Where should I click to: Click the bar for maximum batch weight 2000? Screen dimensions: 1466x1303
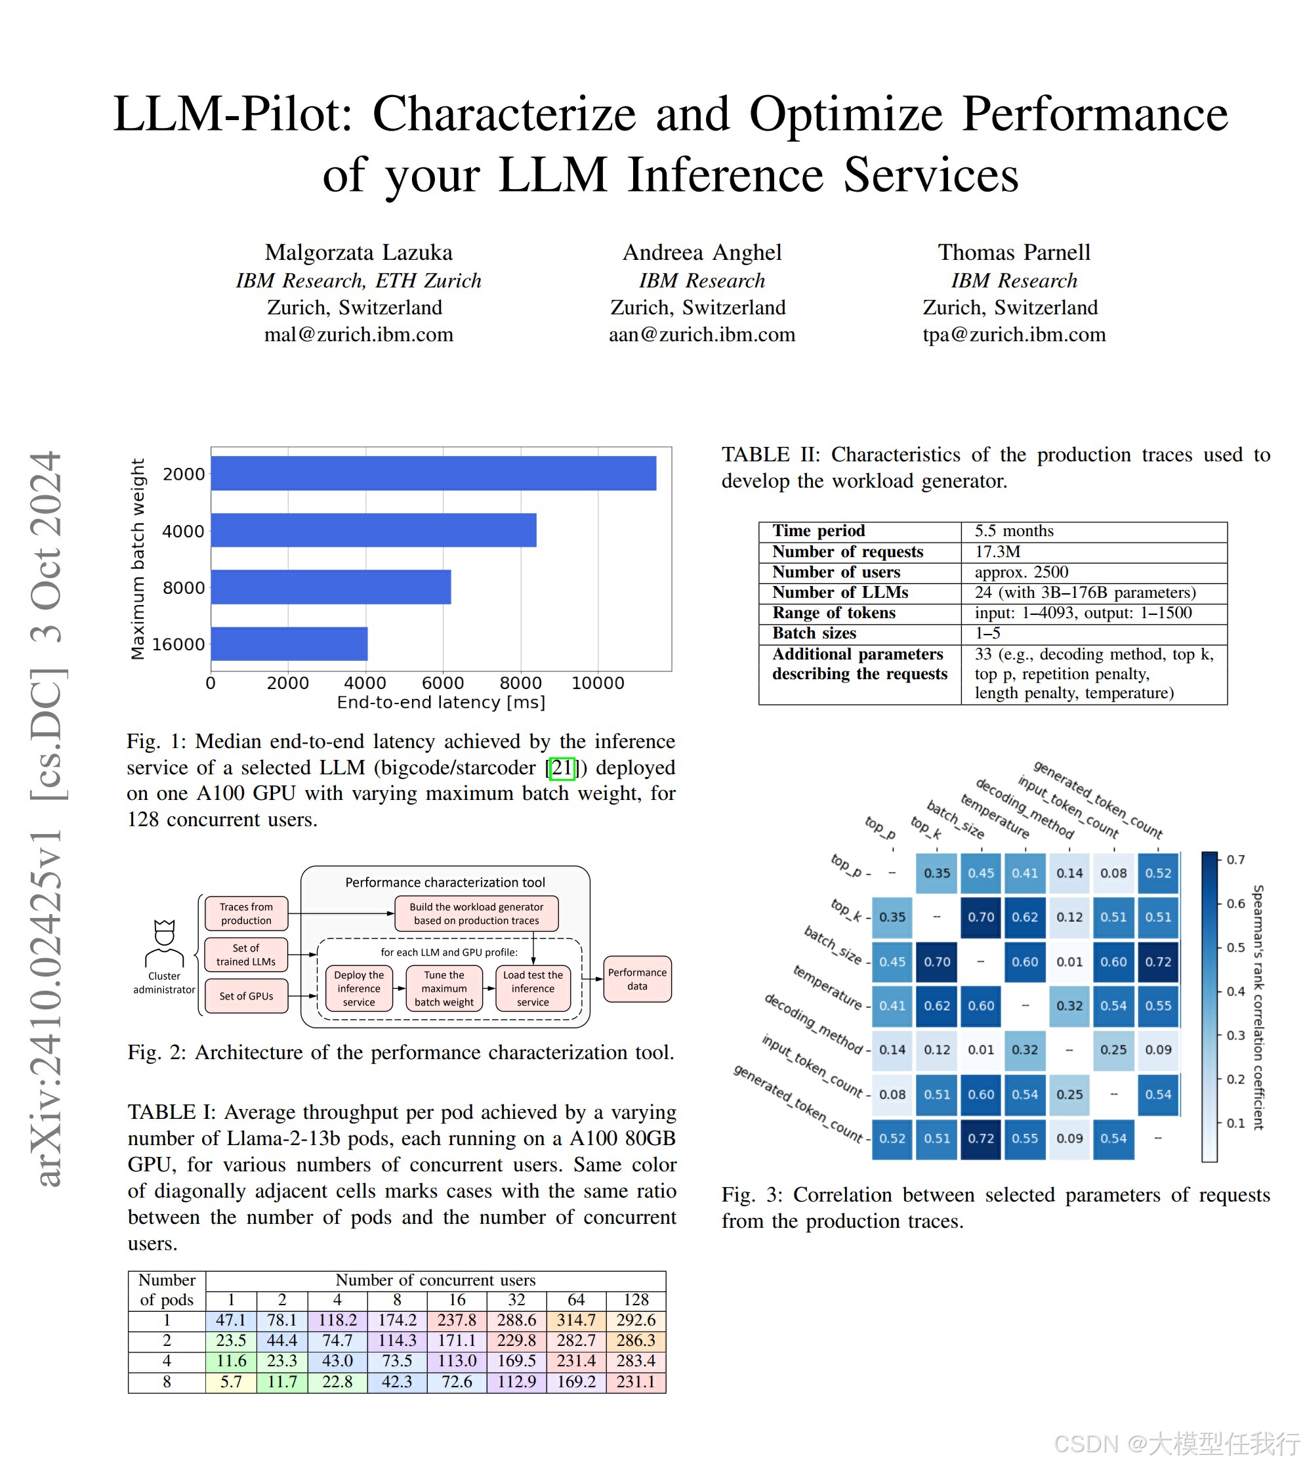(x=433, y=473)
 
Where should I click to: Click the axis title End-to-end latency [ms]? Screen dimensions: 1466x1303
(x=441, y=702)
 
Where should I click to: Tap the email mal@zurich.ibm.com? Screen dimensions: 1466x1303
(x=359, y=334)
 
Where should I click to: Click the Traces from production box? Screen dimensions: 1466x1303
(x=246, y=913)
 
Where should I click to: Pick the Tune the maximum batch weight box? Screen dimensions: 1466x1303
(x=444, y=988)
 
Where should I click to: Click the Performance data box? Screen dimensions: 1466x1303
(x=637, y=979)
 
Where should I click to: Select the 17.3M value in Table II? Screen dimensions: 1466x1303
(x=997, y=551)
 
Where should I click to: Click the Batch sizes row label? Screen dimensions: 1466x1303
(x=814, y=633)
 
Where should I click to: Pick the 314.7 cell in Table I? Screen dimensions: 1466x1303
(x=576, y=1320)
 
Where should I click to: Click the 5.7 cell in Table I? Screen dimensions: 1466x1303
(x=231, y=1381)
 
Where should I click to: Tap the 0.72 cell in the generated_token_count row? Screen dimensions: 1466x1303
(x=980, y=1139)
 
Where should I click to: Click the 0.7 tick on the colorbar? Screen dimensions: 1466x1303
(x=1235, y=859)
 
